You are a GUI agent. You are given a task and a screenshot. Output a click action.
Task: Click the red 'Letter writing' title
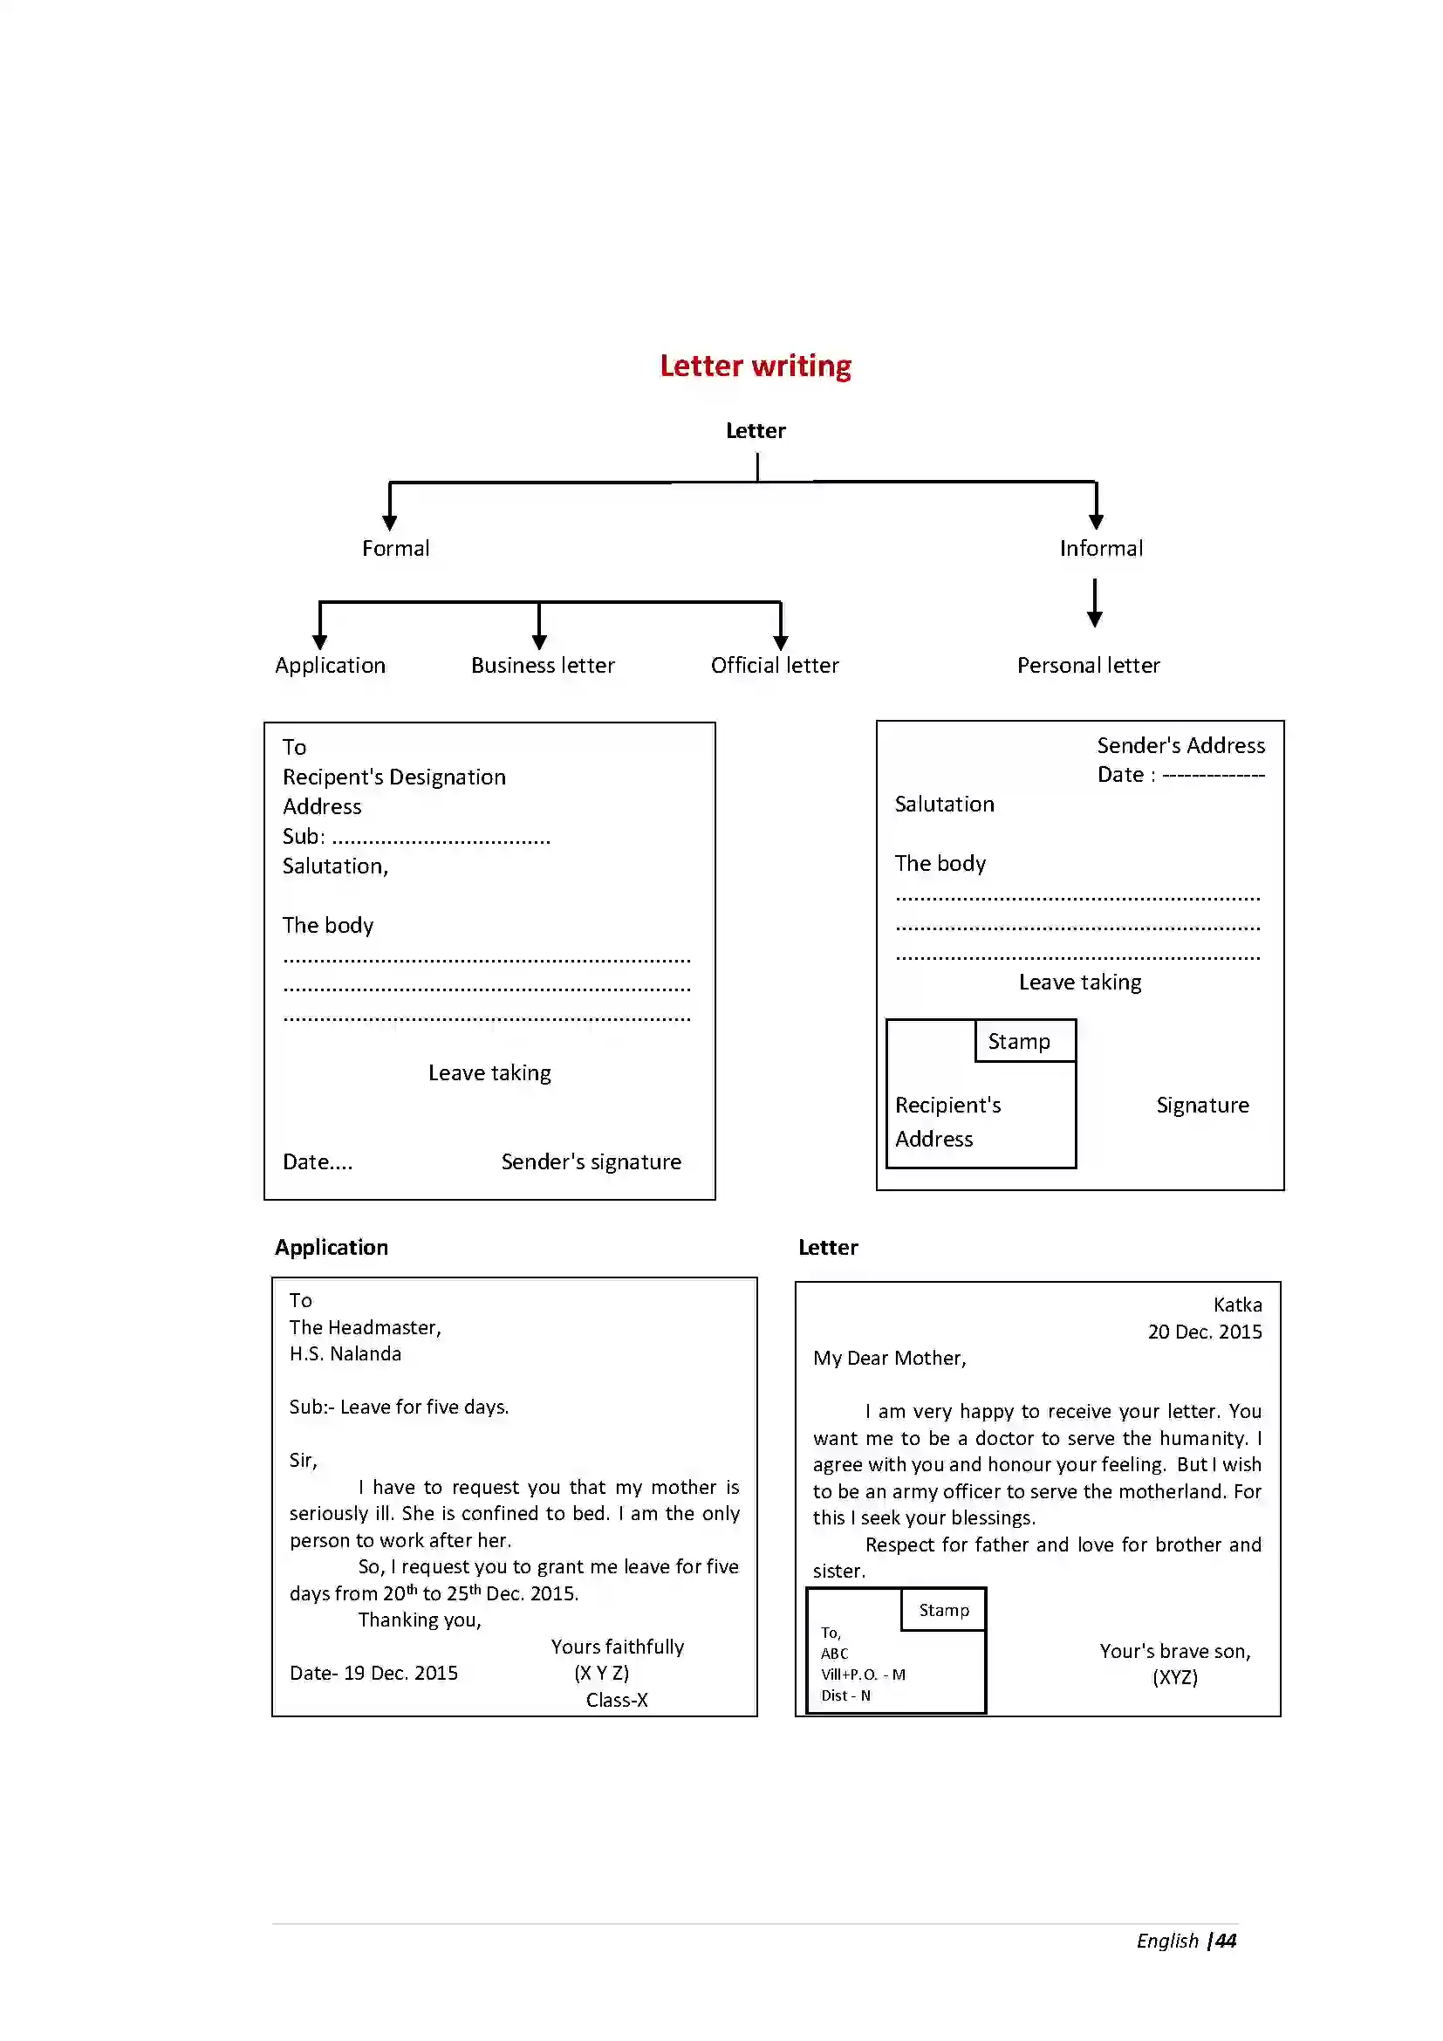tap(755, 366)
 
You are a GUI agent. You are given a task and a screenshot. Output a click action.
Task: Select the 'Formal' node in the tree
tap(395, 549)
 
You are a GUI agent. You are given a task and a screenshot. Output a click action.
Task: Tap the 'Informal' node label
tap(1100, 549)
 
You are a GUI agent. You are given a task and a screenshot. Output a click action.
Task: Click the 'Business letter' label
tap(542, 665)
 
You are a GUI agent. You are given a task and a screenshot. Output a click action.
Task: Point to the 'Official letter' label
tap(774, 665)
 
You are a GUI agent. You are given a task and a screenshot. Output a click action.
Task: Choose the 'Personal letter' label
tap(1088, 665)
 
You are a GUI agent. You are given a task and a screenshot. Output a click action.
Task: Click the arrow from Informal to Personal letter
tap(1094, 602)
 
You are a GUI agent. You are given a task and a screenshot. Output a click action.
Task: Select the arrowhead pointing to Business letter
tap(538, 641)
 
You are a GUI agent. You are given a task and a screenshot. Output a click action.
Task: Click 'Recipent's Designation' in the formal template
tap(393, 777)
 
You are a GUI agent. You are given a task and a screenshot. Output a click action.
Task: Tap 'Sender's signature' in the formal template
tap(590, 1161)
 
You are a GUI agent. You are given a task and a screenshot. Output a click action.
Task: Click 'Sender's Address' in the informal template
tap(1180, 745)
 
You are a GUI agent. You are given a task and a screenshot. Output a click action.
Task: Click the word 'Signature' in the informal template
tap(1201, 1105)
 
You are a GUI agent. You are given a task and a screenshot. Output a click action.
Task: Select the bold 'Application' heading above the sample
tap(331, 1247)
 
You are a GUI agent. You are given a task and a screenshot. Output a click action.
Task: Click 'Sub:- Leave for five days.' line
tap(398, 1407)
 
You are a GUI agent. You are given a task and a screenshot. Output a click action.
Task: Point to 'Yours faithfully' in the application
tap(617, 1647)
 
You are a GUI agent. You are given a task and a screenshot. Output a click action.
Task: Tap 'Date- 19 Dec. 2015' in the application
tap(373, 1673)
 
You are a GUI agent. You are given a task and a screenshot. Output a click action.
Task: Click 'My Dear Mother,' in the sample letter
tap(888, 1358)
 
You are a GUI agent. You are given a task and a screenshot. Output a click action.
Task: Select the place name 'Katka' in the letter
tap(1237, 1304)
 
